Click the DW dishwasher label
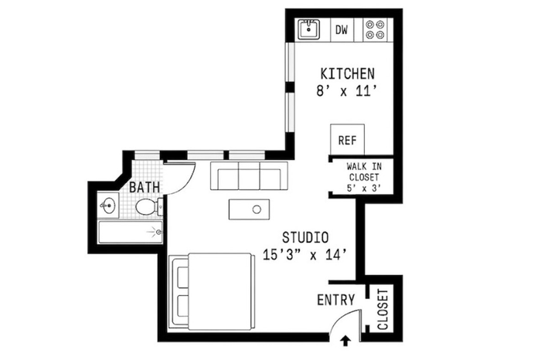click(342, 30)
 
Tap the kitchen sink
click(309, 29)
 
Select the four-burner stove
click(375, 29)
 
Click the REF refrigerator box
click(347, 140)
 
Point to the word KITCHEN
click(348, 74)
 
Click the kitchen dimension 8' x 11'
click(345, 92)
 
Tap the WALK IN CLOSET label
click(364, 172)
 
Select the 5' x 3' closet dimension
click(364, 188)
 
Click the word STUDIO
click(305, 238)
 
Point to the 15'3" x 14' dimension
click(305, 255)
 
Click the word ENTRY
click(335, 300)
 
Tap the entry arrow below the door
click(345, 341)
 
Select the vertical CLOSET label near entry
click(383, 310)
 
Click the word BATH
click(145, 188)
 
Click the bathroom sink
click(108, 205)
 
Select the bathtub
click(130, 233)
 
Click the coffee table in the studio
click(249, 209)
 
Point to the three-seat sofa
click(249, 175)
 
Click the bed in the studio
click(212, 292)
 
